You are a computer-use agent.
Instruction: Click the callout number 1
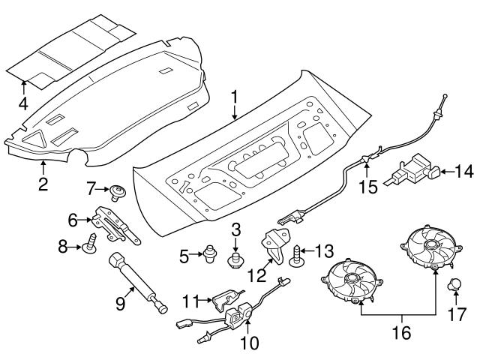click(x=235, y=97)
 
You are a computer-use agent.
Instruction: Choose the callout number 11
click(x=190, y=301)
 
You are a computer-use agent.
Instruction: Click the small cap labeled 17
click(x=454, y=285)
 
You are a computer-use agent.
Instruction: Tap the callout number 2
click(x=43, y=182)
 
